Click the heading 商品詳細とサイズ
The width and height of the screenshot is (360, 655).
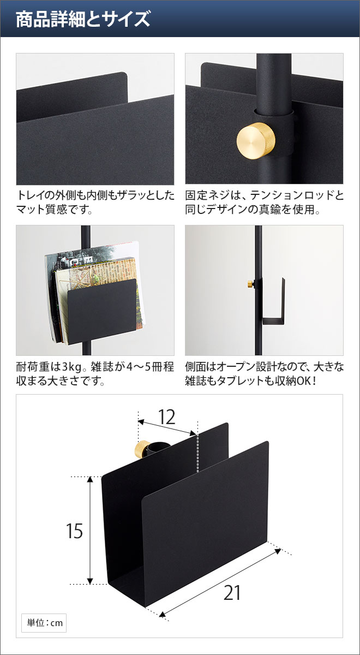tap(82, 19)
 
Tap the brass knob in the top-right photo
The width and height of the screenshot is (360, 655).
tap(253, 139)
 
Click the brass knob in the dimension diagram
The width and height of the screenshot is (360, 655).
tap(143, 449)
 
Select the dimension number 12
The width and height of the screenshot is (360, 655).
tap(167, 418)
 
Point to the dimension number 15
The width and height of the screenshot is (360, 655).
tap(74, 531)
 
